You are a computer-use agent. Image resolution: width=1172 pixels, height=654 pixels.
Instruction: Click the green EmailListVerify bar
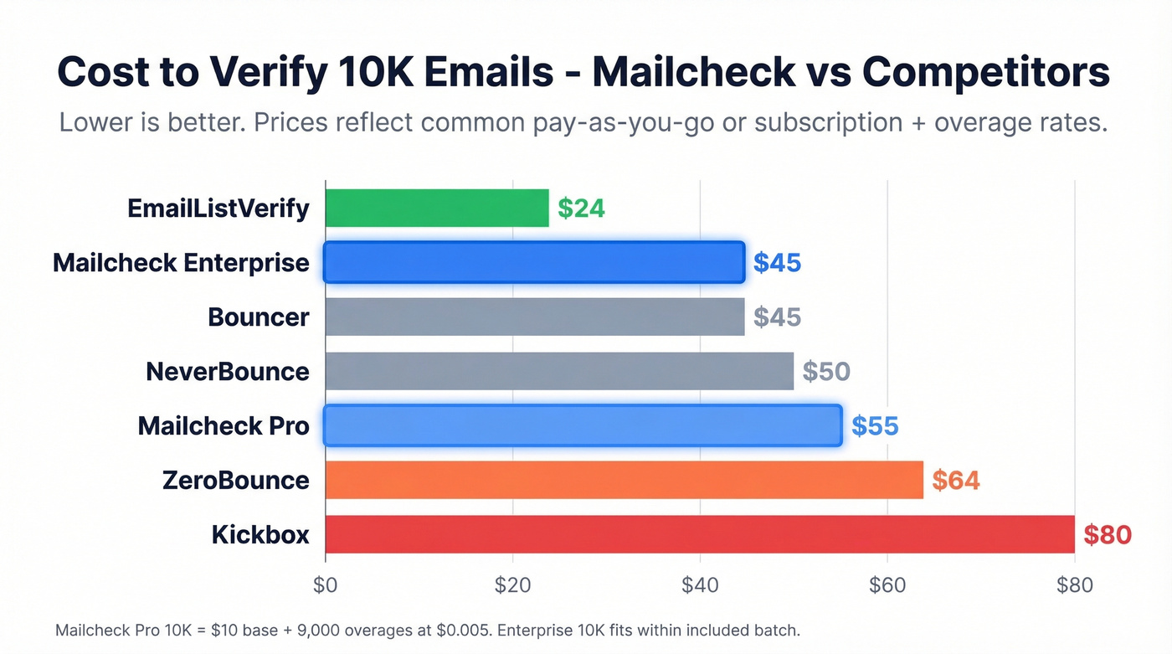(436, 209)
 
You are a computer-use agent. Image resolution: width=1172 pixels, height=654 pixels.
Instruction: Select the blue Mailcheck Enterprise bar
(533, 263)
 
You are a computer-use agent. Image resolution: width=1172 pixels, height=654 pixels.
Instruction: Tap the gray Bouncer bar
(534, 317)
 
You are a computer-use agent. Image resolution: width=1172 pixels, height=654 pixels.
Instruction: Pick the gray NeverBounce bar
(558, 371)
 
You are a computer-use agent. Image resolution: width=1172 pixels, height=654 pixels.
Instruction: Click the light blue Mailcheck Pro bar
(582, 425)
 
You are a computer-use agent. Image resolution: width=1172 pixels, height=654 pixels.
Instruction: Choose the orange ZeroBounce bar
(624, 480)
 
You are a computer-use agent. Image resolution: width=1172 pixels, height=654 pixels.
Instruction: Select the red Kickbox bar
(699, 534)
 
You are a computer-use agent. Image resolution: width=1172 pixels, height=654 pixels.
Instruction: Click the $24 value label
(581, 209)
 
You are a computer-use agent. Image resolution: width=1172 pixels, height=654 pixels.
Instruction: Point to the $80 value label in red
(1107, 534)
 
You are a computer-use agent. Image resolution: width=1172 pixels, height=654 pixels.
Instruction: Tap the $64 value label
(955, 480)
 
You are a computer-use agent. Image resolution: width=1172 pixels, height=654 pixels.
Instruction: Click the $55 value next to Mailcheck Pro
(875, 426)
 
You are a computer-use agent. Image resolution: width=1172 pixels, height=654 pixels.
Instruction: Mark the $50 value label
(825, 371)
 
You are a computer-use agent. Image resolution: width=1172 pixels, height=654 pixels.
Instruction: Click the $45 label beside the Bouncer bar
(777, 317)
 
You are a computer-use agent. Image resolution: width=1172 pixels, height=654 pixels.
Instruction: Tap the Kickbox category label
(260, 534)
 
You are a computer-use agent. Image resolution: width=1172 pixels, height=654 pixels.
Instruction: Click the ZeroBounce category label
(236, 481)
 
